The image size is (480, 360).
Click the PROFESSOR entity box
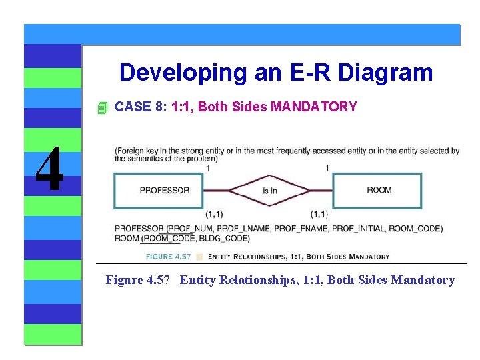165,191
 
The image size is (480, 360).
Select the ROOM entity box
377,191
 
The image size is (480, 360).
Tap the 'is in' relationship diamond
269,191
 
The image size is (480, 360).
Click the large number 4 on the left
49,169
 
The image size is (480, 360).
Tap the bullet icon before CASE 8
101,107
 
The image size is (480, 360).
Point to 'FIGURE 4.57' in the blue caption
169,257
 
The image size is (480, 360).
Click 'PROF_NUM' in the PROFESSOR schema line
193,229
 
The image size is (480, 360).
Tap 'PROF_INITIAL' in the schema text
358,229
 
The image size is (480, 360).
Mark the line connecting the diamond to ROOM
321,191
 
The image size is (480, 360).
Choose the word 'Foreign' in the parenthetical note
132,151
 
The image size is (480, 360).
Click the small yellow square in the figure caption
199,257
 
